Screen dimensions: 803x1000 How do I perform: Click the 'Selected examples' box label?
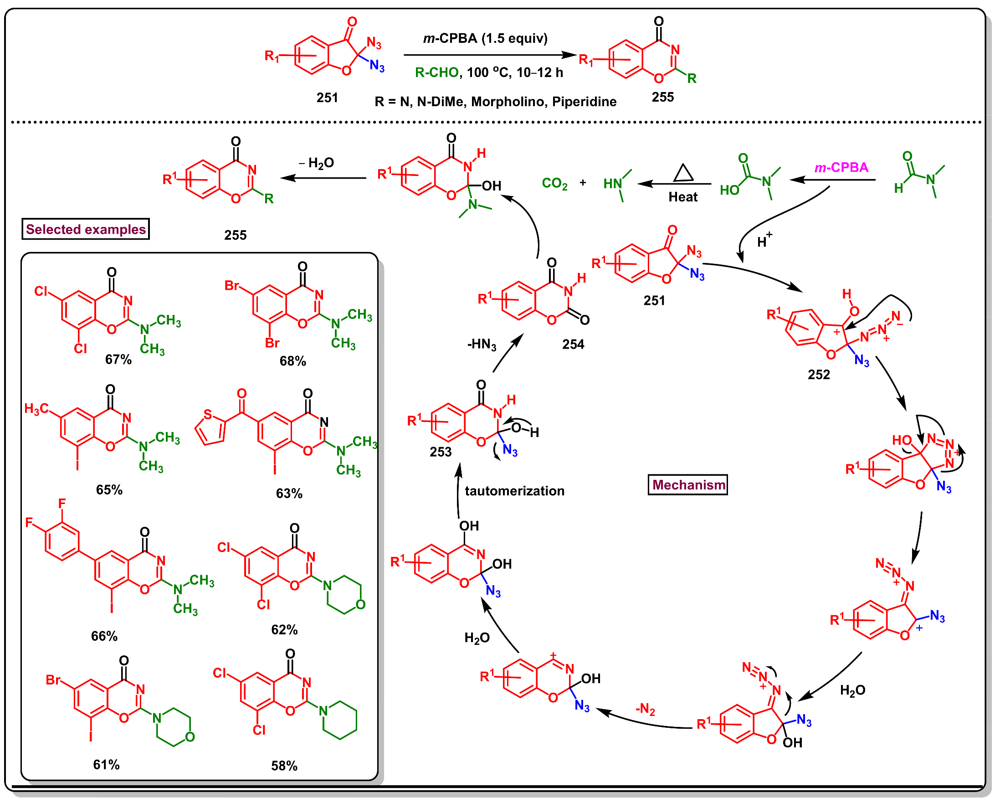(x=85, y=229)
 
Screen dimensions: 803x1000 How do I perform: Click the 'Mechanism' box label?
(x=688, y=485)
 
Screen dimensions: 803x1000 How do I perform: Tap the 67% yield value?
(x=118, y=360)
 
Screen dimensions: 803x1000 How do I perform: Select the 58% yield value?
(x=284, y=766)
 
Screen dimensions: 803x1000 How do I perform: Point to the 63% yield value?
(x=289, y=494)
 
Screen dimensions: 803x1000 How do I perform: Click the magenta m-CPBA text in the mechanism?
(x=841, y=167)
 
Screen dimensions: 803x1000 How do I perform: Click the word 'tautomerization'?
(x=514, y=491)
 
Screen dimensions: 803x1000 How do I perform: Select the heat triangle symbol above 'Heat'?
(x=683, y=173)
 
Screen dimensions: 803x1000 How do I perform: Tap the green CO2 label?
(x=554, y=184)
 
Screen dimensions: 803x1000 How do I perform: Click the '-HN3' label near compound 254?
(x=482, y=345)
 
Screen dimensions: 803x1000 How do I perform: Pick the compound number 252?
(x=818, y=375)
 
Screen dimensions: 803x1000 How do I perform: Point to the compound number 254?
(x=573, y=345)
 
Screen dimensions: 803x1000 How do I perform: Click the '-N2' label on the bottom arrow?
(x=645, y=709)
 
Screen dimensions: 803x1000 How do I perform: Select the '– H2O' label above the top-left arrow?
(x=316, y=163)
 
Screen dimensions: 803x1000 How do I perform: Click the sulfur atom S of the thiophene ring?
(x=208, y=415)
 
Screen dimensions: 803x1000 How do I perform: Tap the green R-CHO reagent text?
(x=436, y=73)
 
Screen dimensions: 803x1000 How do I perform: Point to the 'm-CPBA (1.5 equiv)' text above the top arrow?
(x=485, y=38)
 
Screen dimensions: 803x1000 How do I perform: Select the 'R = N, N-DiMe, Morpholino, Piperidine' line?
(x=495, y=102)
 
